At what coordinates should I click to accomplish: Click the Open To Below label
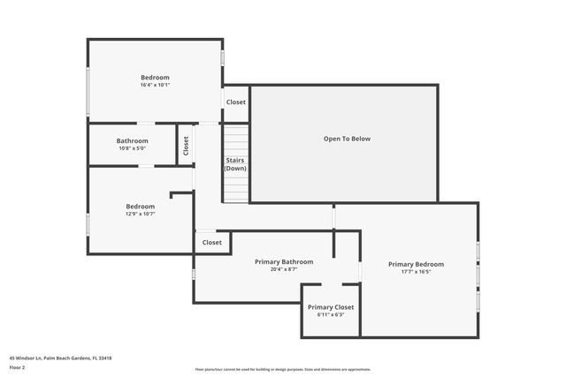pyautogui.click(x=346, y=139)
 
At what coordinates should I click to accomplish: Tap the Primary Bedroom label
pyautogui.click(x=416, y=264)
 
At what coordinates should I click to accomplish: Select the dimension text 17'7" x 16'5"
pyautogui.click(x=416, y=272)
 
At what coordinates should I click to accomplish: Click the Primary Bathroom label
pyautogui.click(x=284, y=261)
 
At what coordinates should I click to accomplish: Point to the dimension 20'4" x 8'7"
pyautogui.click(x=284, y=269)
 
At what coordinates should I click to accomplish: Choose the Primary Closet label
pyautogui.click(x=331, y=306)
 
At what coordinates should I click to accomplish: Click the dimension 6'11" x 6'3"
pyautogui.click(x=331, y=314)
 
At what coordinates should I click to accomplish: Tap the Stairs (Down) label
pyautogui.click(x=235, y=163)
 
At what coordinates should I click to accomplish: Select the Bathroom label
pyautogui.click(x=133, y=140)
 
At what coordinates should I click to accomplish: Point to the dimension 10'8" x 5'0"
pyautogui.click(x=133, y=148)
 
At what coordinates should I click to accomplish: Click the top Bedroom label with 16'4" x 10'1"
pyautogui.click(x=155, y=78)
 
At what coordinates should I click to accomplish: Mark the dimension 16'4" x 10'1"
pyautogui.click(x=155, y=86)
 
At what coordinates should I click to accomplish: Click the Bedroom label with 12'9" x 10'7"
pyautogui.click(x=140, y=206)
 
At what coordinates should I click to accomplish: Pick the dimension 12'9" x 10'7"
pyautogui.click(x=140, y=214)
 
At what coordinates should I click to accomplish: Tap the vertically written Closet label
pyautogui.click(x=186, y=146)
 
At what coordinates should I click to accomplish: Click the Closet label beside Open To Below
pyautogui.click(x=236, y=102)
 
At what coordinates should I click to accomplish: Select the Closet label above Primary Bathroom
pyautogui.click(x=212, y=242)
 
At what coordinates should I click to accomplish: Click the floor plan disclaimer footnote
pyautogui.click(x=283, y=370)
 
